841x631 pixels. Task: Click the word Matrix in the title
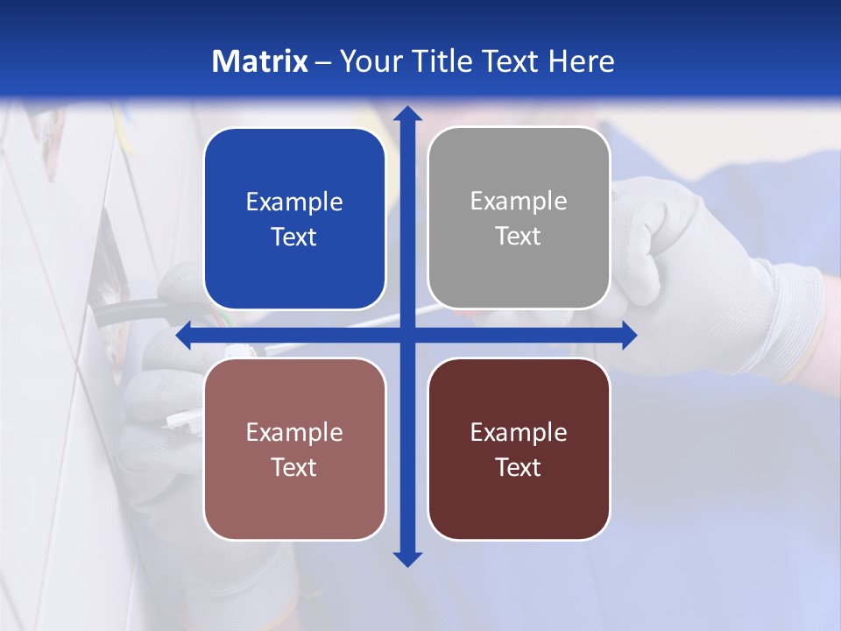click(260, 61)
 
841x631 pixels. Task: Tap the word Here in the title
click(581, 61)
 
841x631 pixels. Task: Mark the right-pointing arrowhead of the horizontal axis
click(629, 335)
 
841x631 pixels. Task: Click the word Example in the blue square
click(294, 202)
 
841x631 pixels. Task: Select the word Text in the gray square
click(519, 237)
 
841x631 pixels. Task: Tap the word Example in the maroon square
click(519, 432)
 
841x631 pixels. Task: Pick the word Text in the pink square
click(294, 467)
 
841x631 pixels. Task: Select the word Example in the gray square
click(519, 202)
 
